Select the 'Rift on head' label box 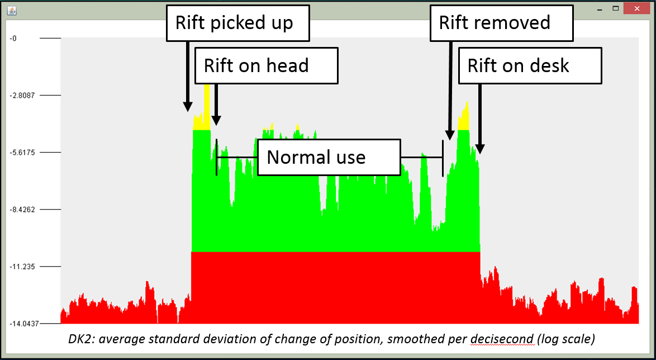coord(267,65)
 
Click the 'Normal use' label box coord(329,157)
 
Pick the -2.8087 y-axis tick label coord(22,95)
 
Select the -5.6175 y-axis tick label coord(22,152)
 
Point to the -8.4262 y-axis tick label coord(22,210)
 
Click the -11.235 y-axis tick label coord(22,267)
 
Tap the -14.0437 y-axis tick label coord(23,324)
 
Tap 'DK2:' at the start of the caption coord(79,339)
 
